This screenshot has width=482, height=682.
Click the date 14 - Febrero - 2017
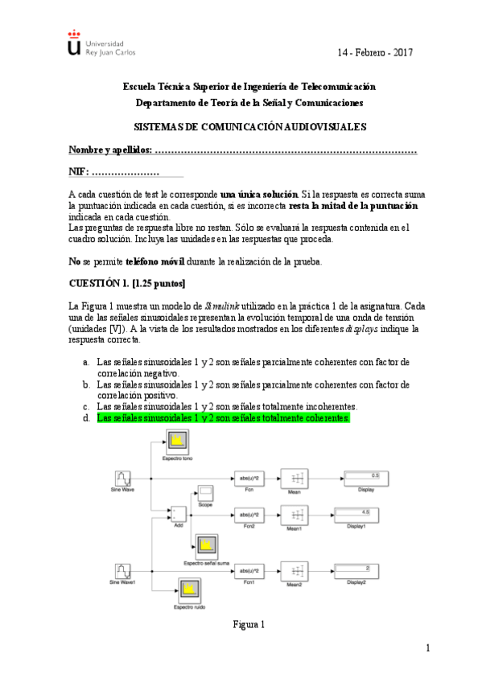(374, 52)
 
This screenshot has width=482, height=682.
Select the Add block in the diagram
(177, 513)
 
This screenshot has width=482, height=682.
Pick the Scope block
(206, 492)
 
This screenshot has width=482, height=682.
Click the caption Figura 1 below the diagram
(249, 624)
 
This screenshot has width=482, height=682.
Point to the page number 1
(429, 649)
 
